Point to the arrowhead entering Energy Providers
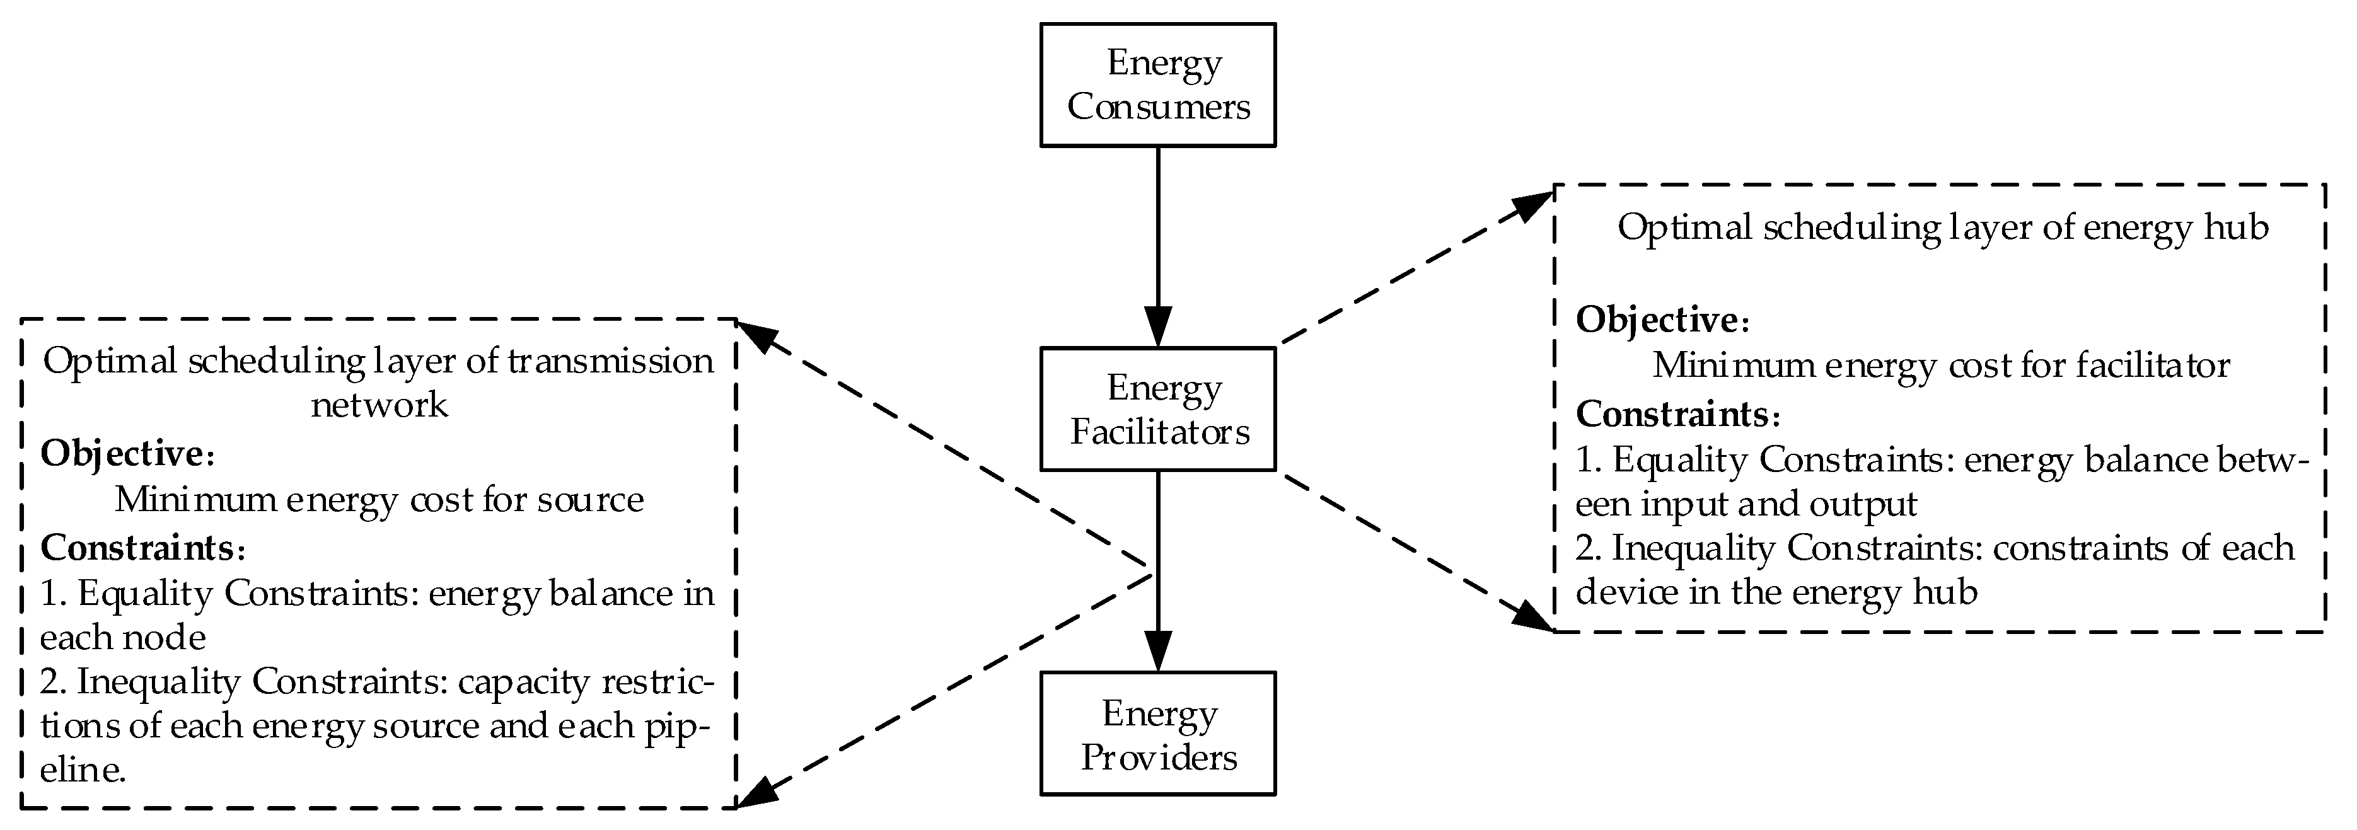[x=1159, y=652]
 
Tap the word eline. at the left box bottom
[x=83, y=769]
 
